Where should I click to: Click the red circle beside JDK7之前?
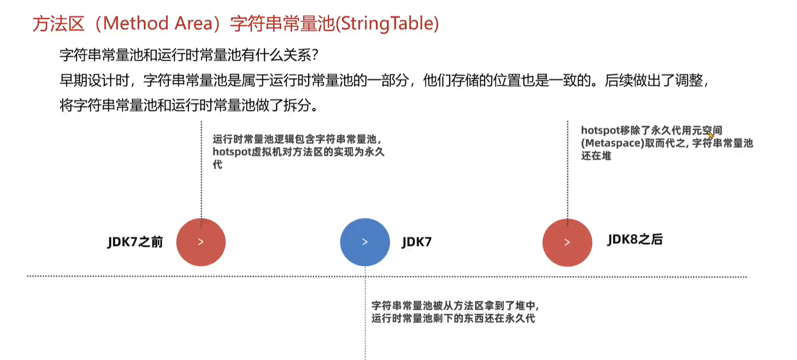coord(201,242)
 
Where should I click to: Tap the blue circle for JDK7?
coord(365,242)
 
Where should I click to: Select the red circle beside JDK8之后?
coord(567,242)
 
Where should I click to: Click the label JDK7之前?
coord(135,242)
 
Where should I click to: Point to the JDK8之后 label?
coord(635,239)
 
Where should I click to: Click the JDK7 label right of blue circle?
coord(416,242)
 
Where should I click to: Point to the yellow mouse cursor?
coord(711,136)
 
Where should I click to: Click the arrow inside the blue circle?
coord(365,242)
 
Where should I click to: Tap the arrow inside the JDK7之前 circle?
coord(201,242)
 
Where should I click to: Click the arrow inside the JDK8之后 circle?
coord(567,242)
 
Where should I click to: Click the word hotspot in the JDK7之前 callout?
coord(229,152)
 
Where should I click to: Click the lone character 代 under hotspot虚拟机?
coord(217,165)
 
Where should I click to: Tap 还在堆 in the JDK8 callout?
coord(596,156)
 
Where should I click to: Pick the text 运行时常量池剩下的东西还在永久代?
coord(453,318)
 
